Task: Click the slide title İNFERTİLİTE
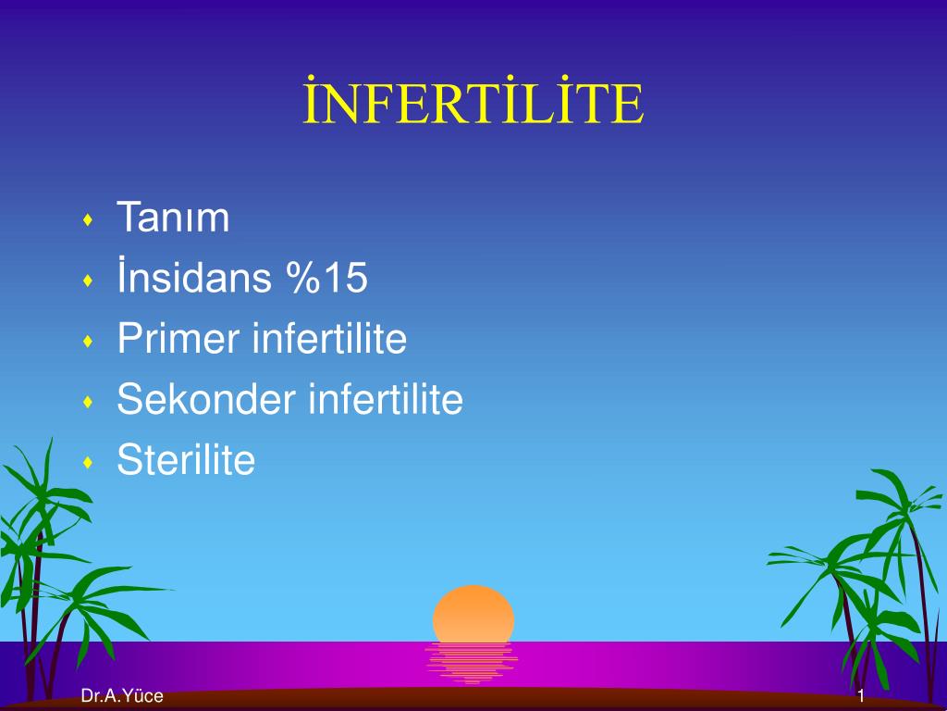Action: tap(473, 100)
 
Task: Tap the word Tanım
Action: tap(173, 217)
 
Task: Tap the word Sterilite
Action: tap(186, 459)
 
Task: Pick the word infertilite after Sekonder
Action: tap(386, 398)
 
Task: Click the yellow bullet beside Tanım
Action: tap(88, 219)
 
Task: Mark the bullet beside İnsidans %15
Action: tap(88, 281)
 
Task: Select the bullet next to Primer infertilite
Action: tap(88, 341)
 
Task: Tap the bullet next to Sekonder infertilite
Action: tap(88, 402)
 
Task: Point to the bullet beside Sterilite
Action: tap(88, 463)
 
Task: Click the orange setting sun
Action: tap(473, 614)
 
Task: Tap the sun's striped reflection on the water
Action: tap(472, 663)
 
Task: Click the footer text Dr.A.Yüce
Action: tap(122, 696)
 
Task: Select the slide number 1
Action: tap(861, 696)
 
